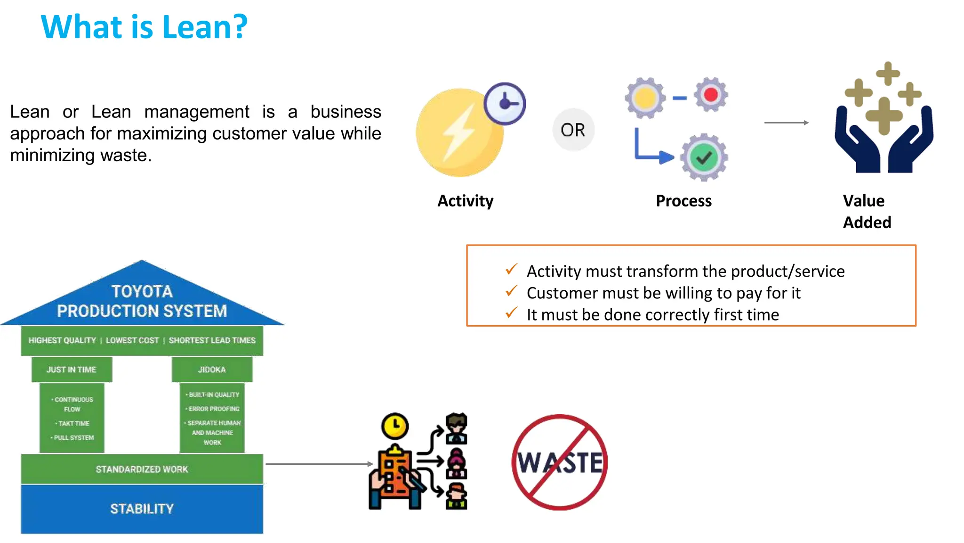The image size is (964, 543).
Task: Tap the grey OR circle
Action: (573, 130)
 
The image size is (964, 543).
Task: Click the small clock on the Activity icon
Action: (505, 103)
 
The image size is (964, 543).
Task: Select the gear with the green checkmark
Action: (704, 157)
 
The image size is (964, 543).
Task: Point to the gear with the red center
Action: (711, 95)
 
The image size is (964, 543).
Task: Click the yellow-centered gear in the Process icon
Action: (645, 98)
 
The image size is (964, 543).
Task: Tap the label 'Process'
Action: (683, 201)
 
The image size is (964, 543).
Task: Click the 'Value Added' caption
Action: (867, 211)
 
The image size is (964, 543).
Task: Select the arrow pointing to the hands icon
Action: (786, 123)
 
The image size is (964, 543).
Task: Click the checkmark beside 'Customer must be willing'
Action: (511, 291)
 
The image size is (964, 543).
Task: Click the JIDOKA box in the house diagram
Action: (212, 370)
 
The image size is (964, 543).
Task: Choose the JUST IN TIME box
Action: (72, 370)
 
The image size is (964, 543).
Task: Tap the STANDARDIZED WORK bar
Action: (142, 469)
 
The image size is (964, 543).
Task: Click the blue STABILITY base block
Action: (142, 509)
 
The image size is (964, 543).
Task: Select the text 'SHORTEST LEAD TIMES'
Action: (212, 340)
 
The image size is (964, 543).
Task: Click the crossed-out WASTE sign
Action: (560, 462)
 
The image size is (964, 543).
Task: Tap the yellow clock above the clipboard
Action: (395, 426)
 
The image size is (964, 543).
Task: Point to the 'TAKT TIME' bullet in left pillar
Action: (73, 423)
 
